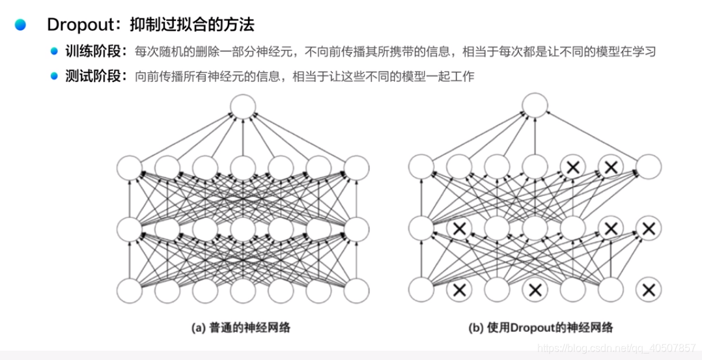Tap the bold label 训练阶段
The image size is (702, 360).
(92, 52)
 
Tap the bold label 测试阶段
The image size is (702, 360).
(92, 76)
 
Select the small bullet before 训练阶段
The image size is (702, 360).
(55, 52)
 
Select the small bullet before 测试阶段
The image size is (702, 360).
(55, 76)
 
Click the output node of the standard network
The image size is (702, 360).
(242, 107)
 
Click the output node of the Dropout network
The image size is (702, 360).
(534, 107)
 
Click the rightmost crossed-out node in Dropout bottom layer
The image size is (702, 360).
(648, 290)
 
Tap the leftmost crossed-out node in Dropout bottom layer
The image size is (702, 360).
(458, 290)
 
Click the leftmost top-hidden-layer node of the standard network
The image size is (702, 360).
(129, 168)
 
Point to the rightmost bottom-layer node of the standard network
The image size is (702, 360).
(356, 290)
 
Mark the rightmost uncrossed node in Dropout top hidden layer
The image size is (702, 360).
(648, 168)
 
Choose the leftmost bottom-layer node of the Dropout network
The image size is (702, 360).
(421, 290)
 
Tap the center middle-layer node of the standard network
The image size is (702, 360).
(242, 228)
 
